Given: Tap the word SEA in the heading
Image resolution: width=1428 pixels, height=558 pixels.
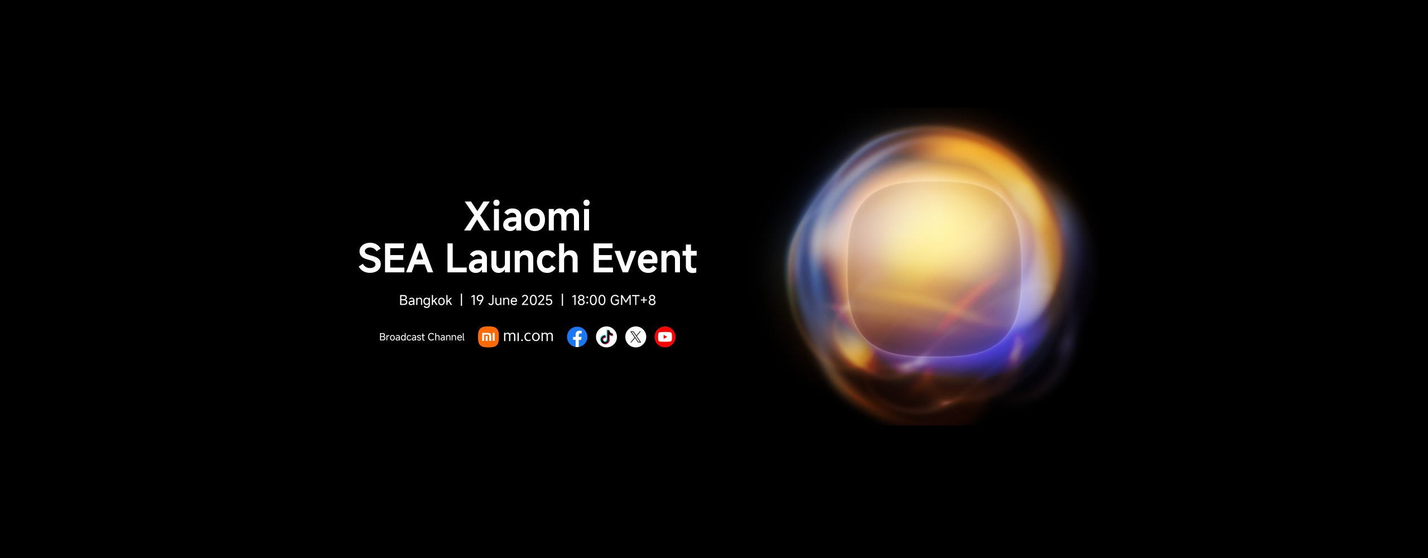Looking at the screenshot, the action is tap(395, 258).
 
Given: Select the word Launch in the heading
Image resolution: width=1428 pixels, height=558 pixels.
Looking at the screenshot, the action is tap(512, 258).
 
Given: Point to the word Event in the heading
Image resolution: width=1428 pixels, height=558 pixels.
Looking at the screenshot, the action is tap(644, 258).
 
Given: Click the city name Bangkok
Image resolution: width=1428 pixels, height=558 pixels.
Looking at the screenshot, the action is tap(426, 300).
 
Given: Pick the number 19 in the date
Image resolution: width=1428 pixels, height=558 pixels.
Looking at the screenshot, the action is tap(477, 300).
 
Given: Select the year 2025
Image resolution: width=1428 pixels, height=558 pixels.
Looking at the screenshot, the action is tap(537, 300).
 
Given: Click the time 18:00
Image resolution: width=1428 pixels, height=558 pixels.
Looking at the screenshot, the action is tap(588, 300).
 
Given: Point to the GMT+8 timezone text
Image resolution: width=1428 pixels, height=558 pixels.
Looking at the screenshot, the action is tap(633, 300).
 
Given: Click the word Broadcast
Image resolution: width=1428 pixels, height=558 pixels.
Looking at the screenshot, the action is tap(402, 337).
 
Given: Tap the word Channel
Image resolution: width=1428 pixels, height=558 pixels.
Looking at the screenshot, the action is tap(446, 337).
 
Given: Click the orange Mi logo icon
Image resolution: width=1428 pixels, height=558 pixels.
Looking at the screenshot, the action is tap(488, 337).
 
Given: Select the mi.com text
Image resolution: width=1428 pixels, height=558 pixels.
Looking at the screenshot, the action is tap(528, 336).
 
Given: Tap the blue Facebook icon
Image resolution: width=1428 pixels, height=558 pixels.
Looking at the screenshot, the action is tap(577, 337).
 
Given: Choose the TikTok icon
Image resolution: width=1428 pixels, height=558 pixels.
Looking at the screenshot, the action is tap(606, 337).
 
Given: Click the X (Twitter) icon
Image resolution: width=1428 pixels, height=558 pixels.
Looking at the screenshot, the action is tap(635, 337).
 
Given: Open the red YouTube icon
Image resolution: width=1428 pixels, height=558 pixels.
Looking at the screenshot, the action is tap(665, 337).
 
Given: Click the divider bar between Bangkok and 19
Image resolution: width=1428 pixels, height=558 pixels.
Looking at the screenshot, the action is tap(461, 300).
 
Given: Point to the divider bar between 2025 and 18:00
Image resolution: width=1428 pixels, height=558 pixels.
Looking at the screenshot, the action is tap(562, 300).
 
